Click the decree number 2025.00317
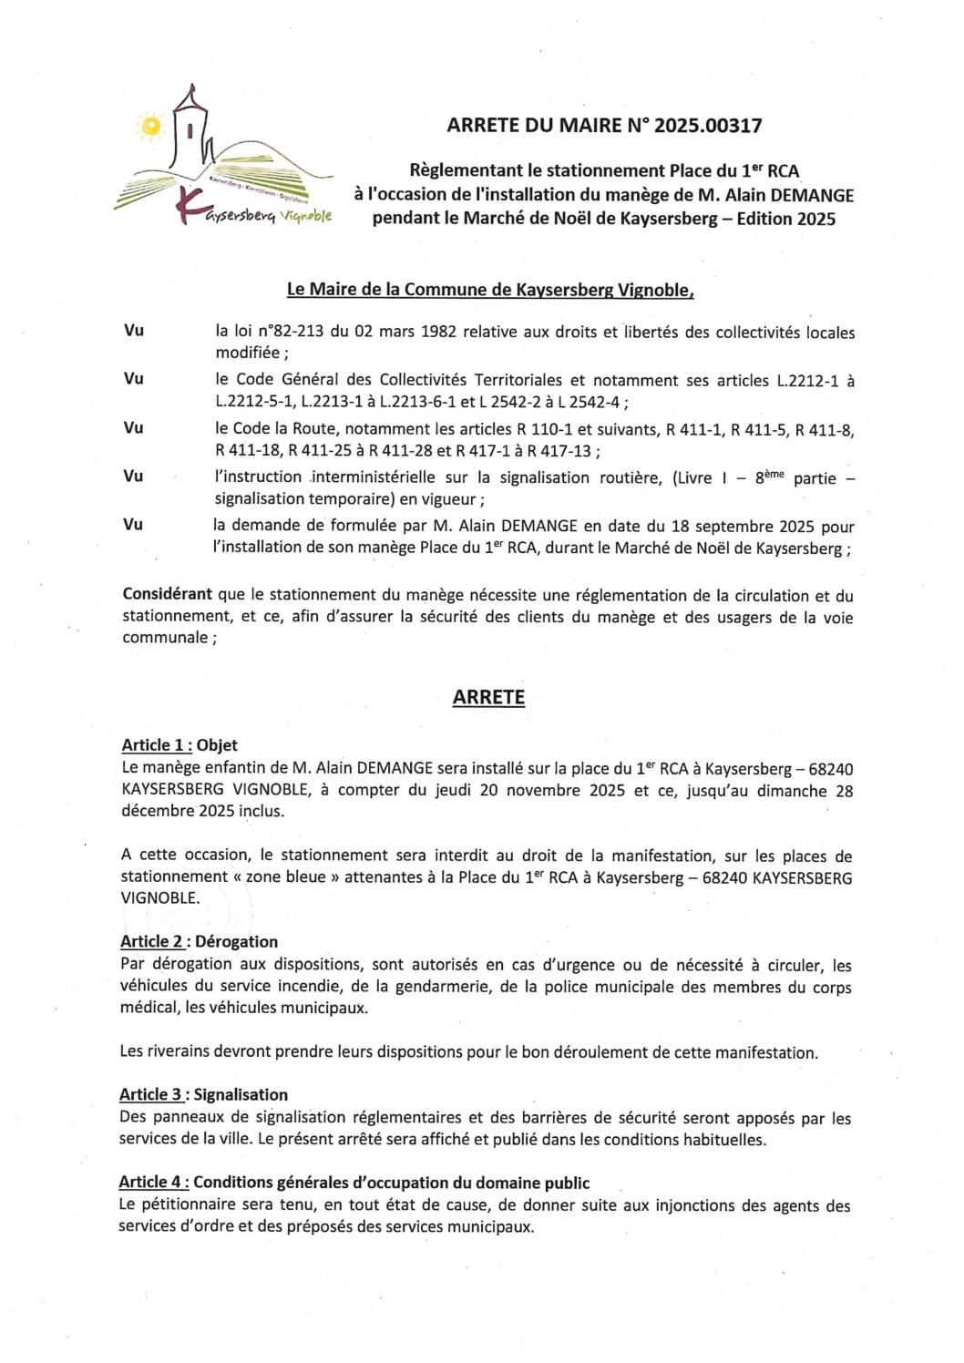[x=708, y=126]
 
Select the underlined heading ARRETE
[x=488, y=697]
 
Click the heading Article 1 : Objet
[x=179, y=744]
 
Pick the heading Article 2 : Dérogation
[x=199, y=941]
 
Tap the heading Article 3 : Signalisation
[x=203, y=1094]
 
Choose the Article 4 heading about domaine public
[x=354, y=1182]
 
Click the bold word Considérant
[x=167, y=594]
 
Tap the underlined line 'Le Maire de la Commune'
[x=490, y=290]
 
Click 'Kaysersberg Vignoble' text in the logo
[x=267, y=216]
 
